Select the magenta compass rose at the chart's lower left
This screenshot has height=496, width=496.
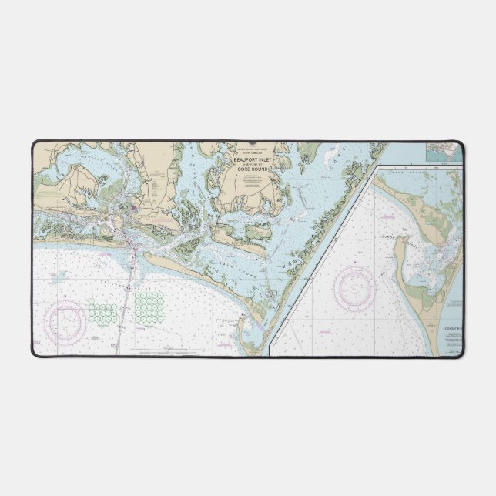pyautogui.click(x=65, y=320)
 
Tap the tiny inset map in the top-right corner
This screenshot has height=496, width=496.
pyautogui.click(x=445, y=152)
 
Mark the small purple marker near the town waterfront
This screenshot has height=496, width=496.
pyautogui.click(x=136, y=206)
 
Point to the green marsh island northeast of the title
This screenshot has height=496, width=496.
pyautogui.click(x=308, y=150)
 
